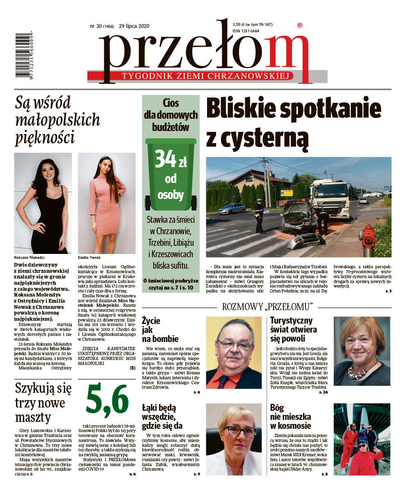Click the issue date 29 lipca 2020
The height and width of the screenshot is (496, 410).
tap(134, 26)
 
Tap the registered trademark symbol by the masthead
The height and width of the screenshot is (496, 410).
tap(300, 25)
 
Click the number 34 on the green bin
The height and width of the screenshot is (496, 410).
tap(165, 159)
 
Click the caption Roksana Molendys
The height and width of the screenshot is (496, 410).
tap(30, 258)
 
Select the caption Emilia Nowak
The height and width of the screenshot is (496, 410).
tap(89, 258)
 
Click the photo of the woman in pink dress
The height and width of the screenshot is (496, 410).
tap(107, 203)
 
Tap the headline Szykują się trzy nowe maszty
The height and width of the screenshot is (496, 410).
tap(43, 402)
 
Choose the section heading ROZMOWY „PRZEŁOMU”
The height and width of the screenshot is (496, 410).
tap(267, 307)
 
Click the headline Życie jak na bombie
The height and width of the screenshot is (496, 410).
tap(160, 329)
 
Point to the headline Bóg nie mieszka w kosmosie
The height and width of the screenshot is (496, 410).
tap(290, 417)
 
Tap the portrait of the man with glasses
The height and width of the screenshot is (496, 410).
tap(233, 352)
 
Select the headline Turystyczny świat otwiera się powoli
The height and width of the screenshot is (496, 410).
tap(293, 329)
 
